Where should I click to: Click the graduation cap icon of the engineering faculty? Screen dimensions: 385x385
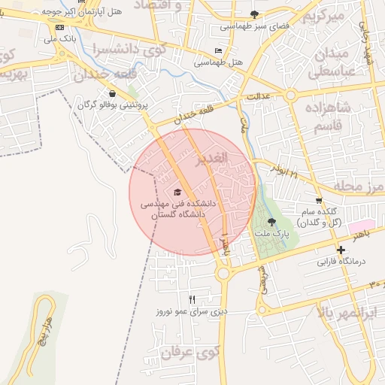click(177, 192)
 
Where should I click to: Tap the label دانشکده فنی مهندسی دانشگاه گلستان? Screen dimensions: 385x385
click(178, 208)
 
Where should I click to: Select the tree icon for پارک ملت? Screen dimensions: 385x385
click(271, 222)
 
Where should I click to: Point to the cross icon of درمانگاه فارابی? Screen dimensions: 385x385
click(341, 250)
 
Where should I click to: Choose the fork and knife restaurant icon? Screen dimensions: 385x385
click(192, 299)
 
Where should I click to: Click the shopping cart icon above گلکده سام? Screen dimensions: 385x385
click(319, 201)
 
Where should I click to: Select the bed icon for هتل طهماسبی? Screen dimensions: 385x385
click(218, 50)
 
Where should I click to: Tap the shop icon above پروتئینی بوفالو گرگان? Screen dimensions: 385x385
click(112, 94)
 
